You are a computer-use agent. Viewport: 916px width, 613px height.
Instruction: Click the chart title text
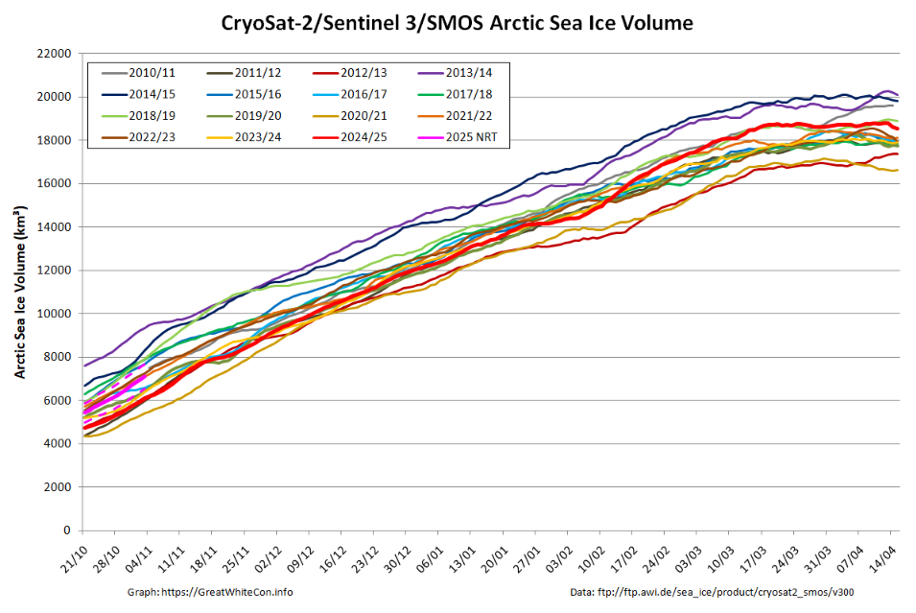click(x=458, y=22)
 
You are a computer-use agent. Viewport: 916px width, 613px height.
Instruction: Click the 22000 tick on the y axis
click(x=54, y=54)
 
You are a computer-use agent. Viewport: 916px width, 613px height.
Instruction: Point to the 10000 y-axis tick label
click(x=54, y=314)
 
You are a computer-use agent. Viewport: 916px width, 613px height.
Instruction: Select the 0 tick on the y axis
click(x=67, y=530)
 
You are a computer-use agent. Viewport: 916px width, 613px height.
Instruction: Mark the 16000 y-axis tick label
click(x=54, y=184)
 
